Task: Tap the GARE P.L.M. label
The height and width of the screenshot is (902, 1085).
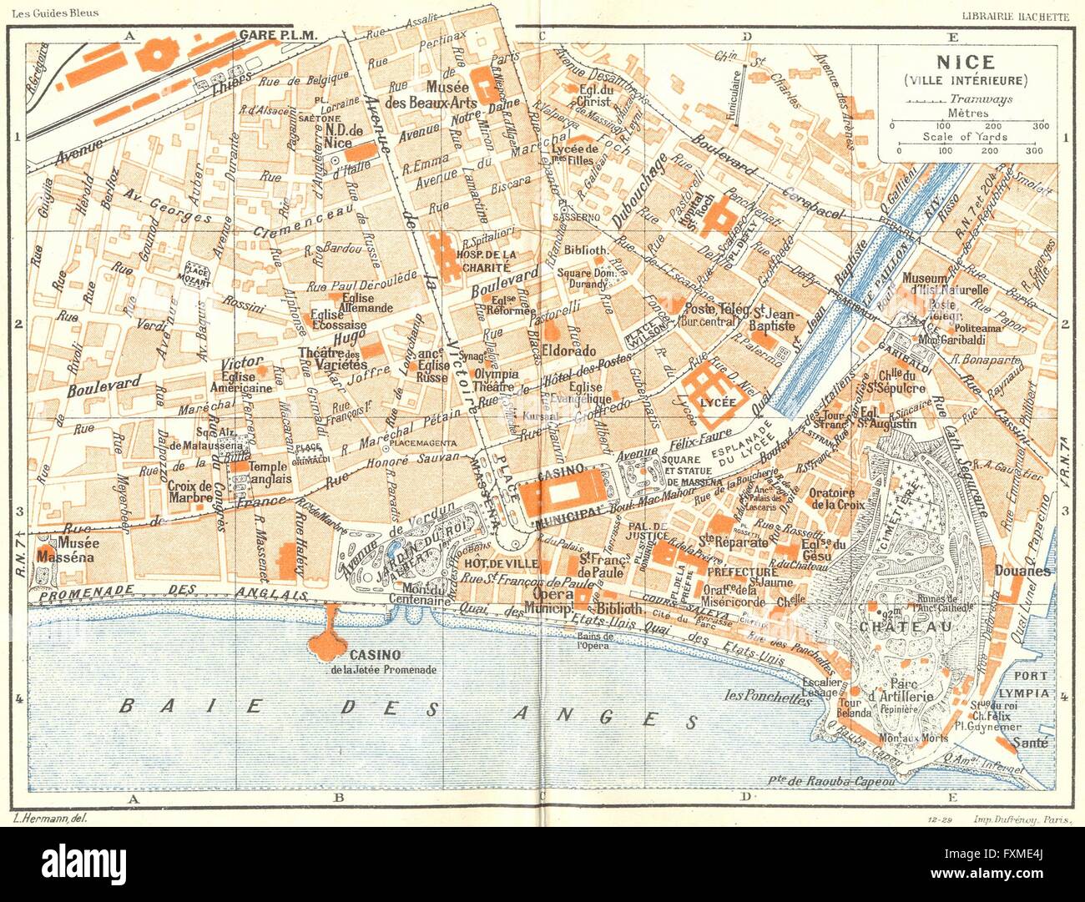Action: pyautogui.click(x=275, y=35)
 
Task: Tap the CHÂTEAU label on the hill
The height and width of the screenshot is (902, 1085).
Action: pyautogui.click(x=897, y=626)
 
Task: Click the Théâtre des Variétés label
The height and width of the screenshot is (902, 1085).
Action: pyautogui.click(x=332, y=359)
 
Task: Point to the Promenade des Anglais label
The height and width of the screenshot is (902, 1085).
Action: pyautogui.click(x=167, y=591)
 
